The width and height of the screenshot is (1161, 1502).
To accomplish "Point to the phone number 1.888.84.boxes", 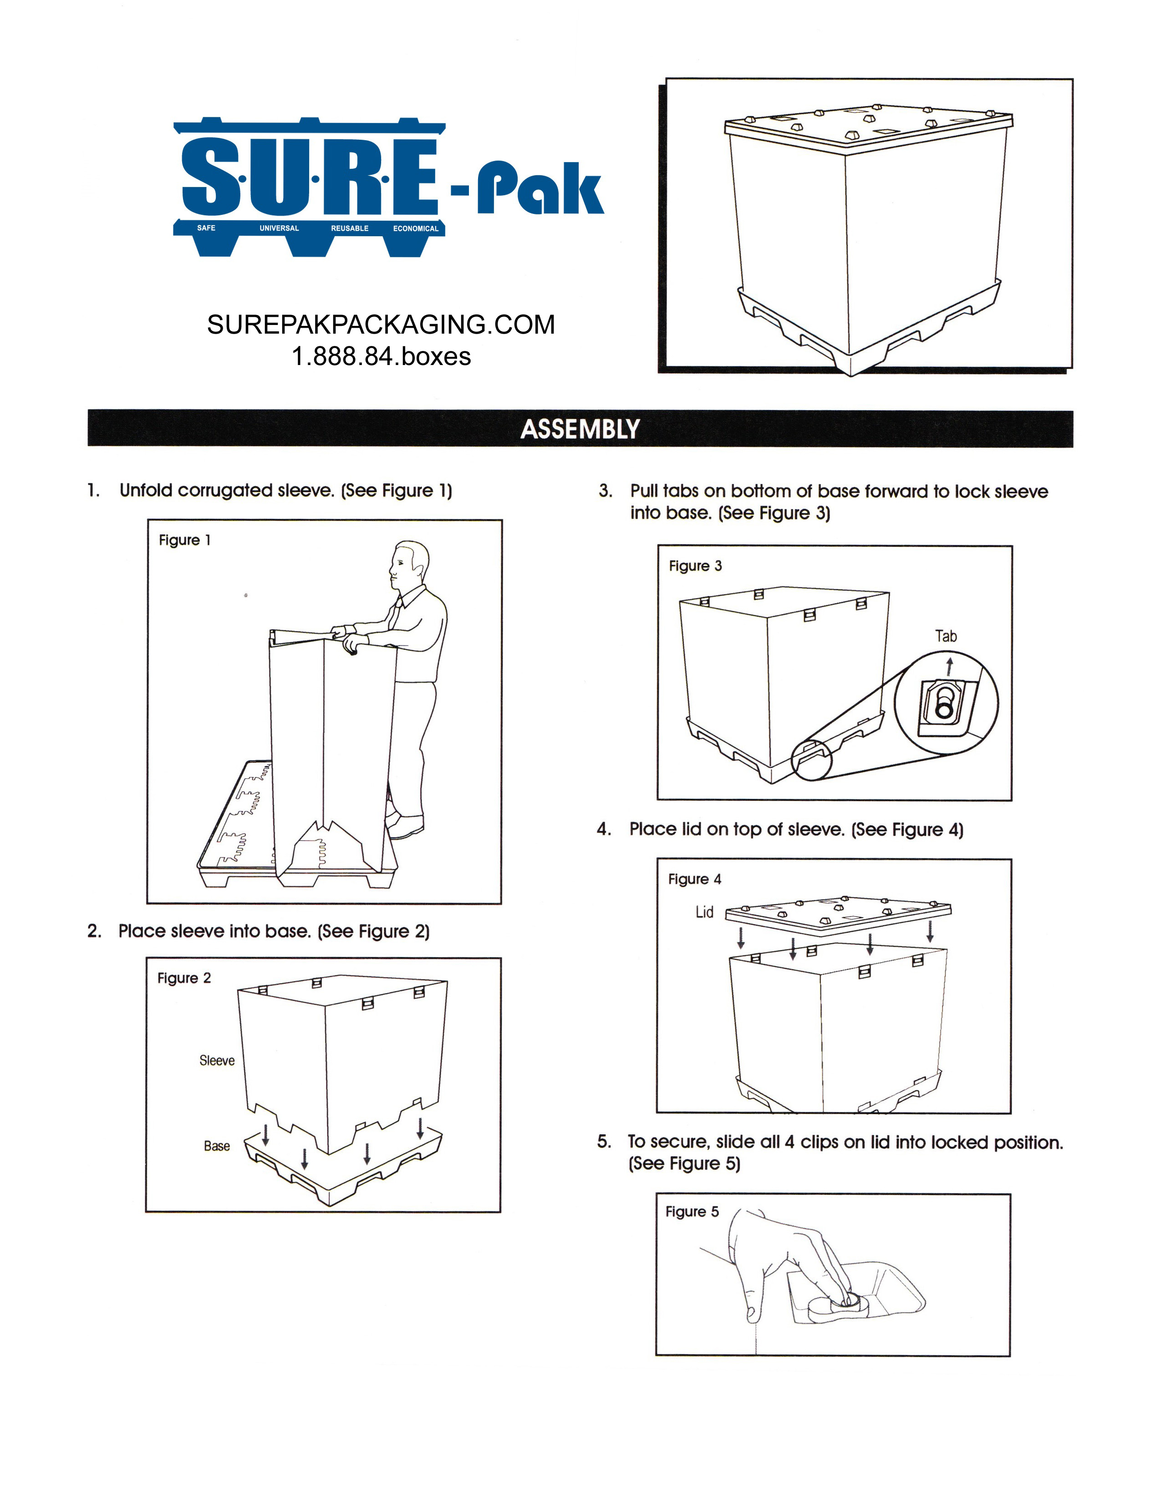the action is click(381, 356).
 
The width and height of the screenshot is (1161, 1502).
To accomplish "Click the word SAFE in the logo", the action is click(206, 228).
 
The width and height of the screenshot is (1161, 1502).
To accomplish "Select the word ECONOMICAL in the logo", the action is click(415, 228).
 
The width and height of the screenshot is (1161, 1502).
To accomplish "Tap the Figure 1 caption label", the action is click(184, 540).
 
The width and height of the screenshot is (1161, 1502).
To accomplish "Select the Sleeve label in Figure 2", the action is click(217, 1061).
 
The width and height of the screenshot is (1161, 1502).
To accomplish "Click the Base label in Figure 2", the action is click(217, 1146).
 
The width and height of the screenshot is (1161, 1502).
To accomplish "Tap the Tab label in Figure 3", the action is click(946, 636).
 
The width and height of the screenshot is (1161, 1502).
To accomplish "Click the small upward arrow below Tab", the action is click(950, 665).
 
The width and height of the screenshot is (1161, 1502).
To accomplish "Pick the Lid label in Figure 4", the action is click(704, 912).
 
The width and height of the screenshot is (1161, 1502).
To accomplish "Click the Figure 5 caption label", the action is click(691, 1211).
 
